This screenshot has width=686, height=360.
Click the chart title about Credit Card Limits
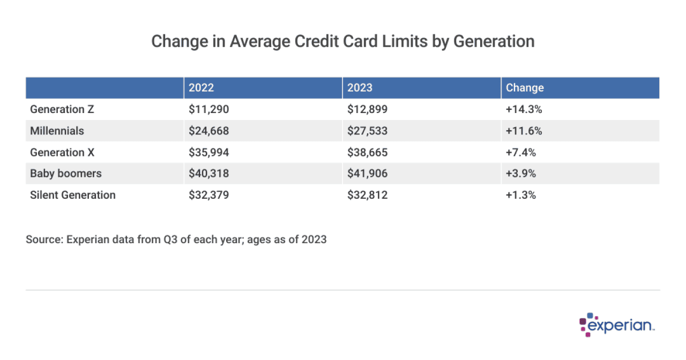[343, 41]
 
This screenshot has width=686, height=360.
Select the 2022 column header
[201, 88]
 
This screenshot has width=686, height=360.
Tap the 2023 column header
[360, 88]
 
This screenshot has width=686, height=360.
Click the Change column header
[525, 88]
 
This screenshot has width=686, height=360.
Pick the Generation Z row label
[62, 109]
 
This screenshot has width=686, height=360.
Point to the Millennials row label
[57, 131]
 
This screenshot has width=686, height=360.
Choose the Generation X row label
[62, 152]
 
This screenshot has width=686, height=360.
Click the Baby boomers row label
[65, 174]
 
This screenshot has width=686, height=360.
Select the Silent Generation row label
[73, 195]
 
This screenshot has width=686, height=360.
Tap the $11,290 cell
[208, 109]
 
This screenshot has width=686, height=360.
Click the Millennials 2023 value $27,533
[367, 131]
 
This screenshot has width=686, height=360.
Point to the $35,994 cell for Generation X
[208, 152]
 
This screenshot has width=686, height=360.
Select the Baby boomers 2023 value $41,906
[367, 174]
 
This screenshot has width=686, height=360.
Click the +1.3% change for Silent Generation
[521, 195]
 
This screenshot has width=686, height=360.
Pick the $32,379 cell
[208, 195]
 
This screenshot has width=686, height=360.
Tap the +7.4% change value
[521, 152]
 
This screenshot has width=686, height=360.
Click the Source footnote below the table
[176, 239]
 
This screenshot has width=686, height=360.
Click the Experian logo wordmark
[622, 325]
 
